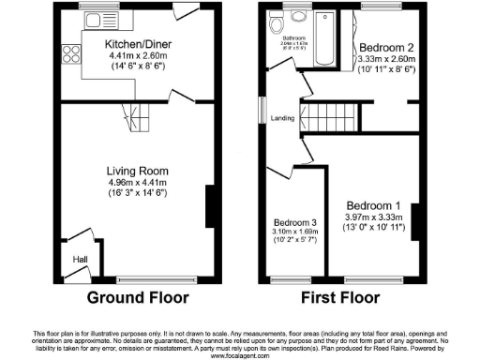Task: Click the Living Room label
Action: coord(137,171)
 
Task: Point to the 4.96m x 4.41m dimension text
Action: coord(137,183)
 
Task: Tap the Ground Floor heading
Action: coord(138,298)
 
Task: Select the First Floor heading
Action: coord(340,298)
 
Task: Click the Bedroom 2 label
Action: coord(386,46)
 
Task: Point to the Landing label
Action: coord(282,118)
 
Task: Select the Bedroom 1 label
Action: coord(373,205)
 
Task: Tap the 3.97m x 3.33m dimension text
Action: coord(373,217)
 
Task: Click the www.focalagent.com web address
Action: coord(240,355)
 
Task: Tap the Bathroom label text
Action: coord(293,38)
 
